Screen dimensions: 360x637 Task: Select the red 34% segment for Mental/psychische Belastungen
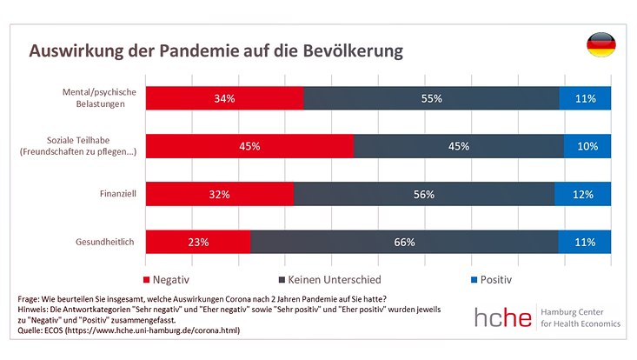[224, 98]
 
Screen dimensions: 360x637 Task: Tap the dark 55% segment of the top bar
[431, 98]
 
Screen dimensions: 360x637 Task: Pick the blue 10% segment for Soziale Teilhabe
[587, 146]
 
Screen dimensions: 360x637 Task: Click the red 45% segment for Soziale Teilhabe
[249, 146]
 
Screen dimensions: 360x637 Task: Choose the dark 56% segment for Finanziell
[424, 194]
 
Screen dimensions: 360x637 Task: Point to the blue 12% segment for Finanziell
[583, 194]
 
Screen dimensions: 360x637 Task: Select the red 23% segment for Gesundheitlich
[197, 242]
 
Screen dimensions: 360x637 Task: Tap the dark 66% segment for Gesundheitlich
[404, 242]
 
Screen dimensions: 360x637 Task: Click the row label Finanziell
[116, 194]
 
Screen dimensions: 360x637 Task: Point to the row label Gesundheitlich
[105, 242]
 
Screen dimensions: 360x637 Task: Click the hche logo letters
[503, 317]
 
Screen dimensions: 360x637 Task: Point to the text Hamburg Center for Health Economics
[581, 317]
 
